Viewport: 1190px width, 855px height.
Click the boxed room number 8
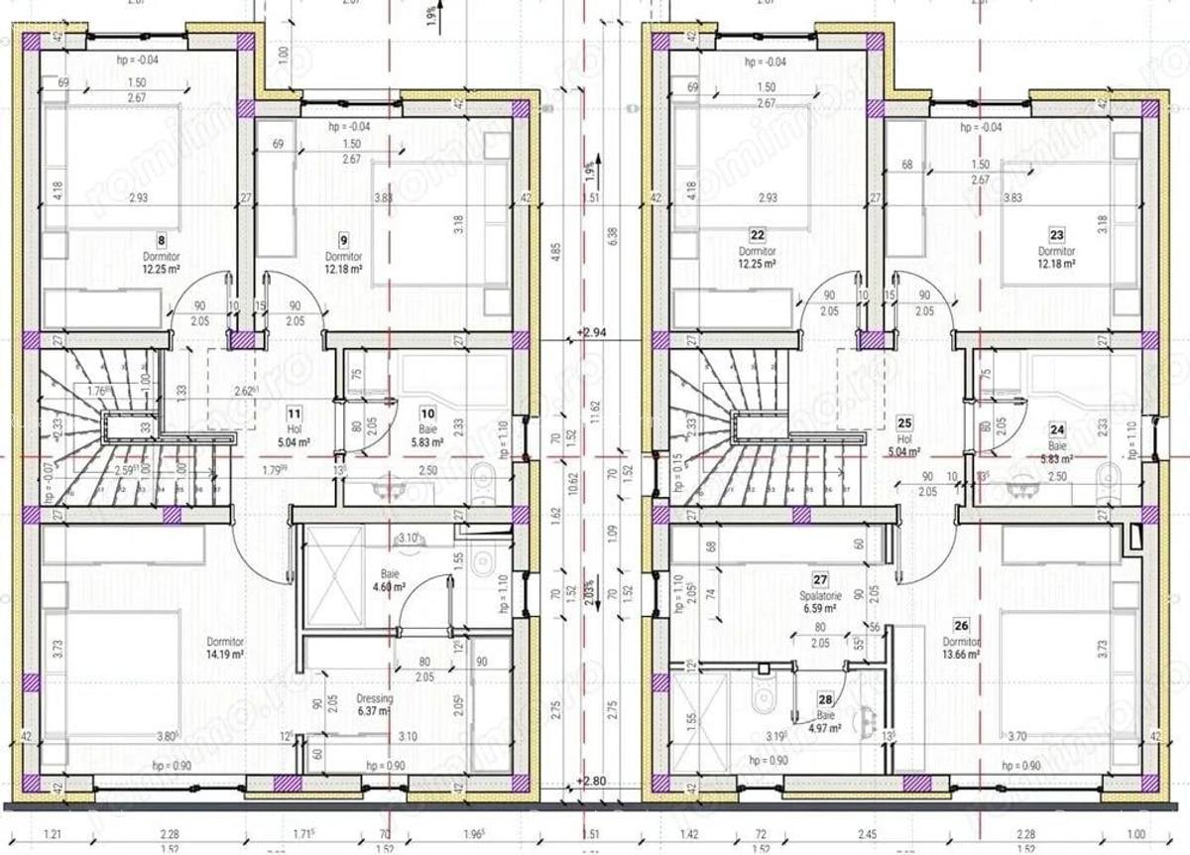point(161,239)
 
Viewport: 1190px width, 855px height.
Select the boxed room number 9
point(343,239)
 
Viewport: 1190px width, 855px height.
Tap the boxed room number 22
point(758,235)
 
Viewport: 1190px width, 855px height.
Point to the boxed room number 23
point(1056,235)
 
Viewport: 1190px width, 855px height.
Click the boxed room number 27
point(820,580)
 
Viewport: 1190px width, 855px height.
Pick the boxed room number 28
point(826,699)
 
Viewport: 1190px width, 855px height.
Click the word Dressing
point(374,698)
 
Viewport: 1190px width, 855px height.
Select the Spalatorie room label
point(821,596)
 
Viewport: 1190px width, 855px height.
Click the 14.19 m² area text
point(226,655)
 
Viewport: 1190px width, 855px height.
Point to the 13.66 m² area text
point(960,655)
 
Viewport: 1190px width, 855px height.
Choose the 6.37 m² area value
point(374,710)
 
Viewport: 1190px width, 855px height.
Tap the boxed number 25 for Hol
point(903,422)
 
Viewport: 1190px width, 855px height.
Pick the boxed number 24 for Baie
point(1056,429)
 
